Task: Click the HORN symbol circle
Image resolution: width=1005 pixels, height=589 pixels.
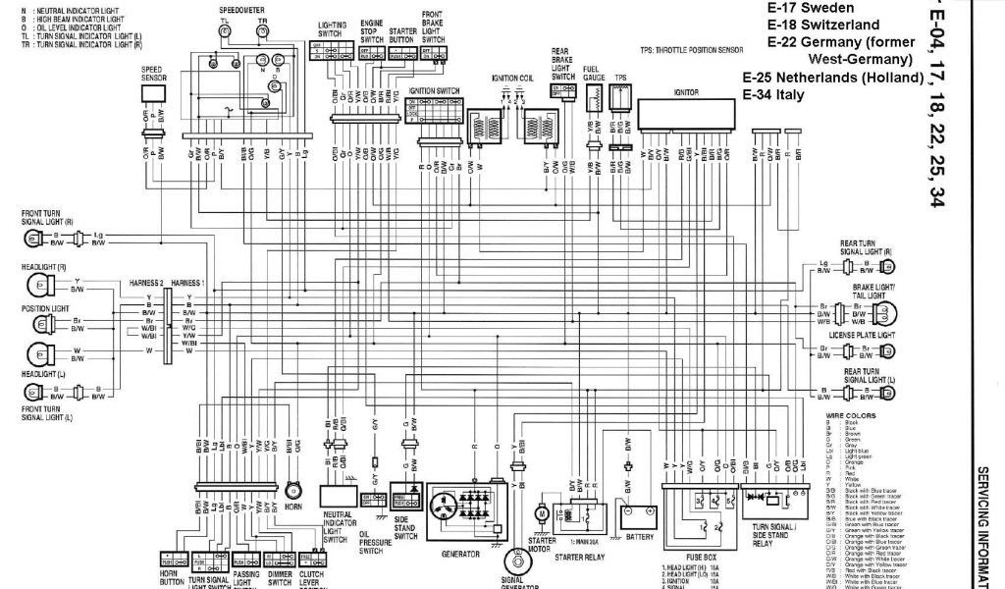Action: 292,489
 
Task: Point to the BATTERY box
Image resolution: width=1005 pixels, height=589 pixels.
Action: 638,513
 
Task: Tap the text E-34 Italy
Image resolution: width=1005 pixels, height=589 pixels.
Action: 773,94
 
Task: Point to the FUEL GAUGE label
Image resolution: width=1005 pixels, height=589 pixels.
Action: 593,71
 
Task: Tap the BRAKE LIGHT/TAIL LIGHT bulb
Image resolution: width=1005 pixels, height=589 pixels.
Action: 888,314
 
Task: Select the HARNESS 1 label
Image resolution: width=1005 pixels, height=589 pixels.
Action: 188,283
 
